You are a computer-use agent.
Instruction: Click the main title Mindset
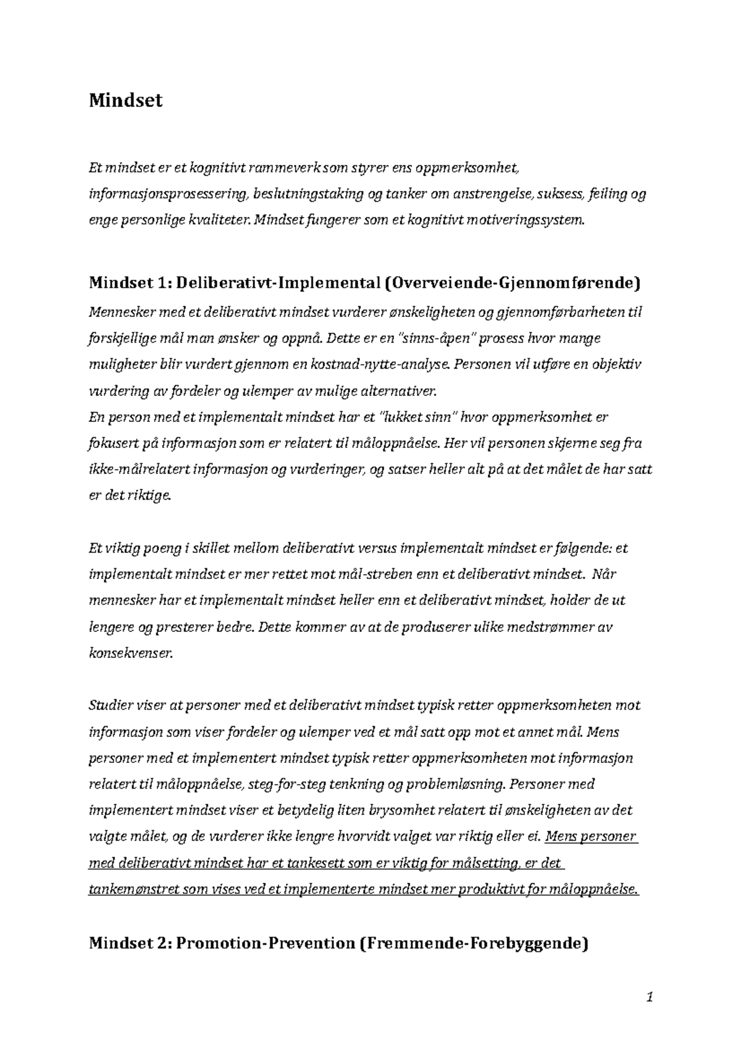(x=125, y=101)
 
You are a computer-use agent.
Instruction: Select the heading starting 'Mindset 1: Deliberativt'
(x=364, y=284)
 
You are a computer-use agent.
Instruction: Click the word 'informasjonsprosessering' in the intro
(x=168, y=194)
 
